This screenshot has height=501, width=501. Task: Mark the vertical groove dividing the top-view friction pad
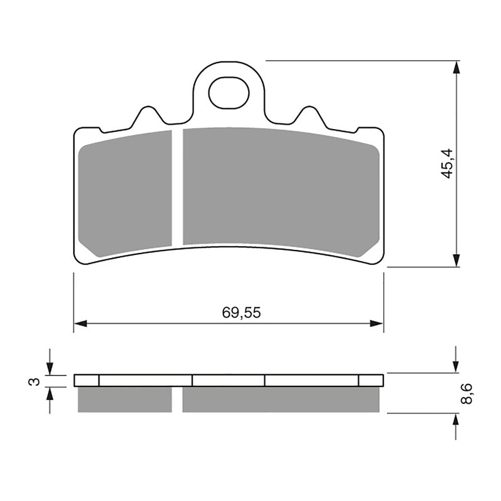pos(177,187)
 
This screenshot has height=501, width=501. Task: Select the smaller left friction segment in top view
pos(127,192)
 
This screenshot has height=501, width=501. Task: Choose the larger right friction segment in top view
pos(280,189)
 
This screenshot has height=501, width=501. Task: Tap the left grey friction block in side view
pos(124,400)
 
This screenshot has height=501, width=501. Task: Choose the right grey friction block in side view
pos(281,400)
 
